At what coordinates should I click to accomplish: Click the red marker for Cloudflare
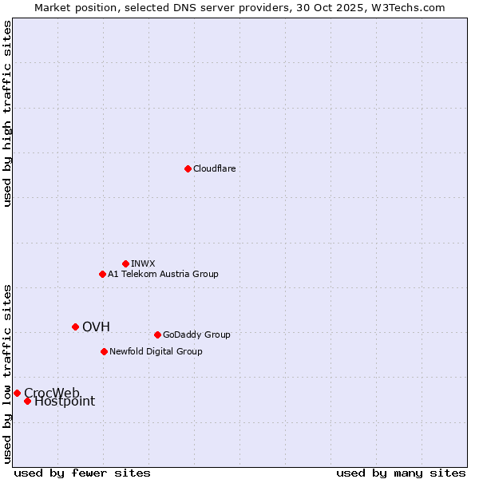point(188,168)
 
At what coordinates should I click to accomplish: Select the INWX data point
point(125,263)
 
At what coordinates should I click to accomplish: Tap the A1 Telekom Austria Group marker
point(102,274)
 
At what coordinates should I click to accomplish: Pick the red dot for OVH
point(75,327)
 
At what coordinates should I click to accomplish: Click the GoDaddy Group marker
point(157,335)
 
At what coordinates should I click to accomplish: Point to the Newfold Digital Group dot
point(104,351)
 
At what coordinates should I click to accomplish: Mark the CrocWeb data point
point(17,393)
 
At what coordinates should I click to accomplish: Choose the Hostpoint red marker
point(27,401)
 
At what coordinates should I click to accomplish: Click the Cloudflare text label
point(214,168)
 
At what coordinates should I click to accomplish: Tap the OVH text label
point(96,327)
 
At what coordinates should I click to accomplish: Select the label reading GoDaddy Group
point(196,335)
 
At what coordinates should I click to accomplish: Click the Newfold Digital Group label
point(156,351)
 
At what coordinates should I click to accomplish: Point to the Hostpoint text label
point(65,402)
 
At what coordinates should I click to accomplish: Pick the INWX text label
point(143,263)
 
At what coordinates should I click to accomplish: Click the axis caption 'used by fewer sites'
point(82,473)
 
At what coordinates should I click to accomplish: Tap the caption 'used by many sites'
point(401,473)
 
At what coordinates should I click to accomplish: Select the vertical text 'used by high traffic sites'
point(7,113)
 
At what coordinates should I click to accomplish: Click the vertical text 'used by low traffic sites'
point(7,373)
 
